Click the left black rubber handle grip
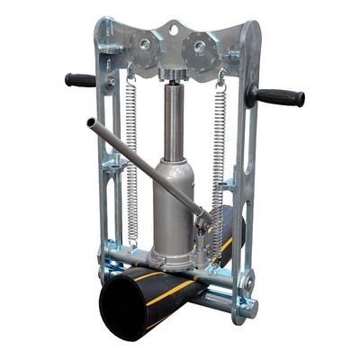coord(80,80)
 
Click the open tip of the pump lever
coord(91,123)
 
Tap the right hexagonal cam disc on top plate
coord(199,44)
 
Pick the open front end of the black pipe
coord(126,310)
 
